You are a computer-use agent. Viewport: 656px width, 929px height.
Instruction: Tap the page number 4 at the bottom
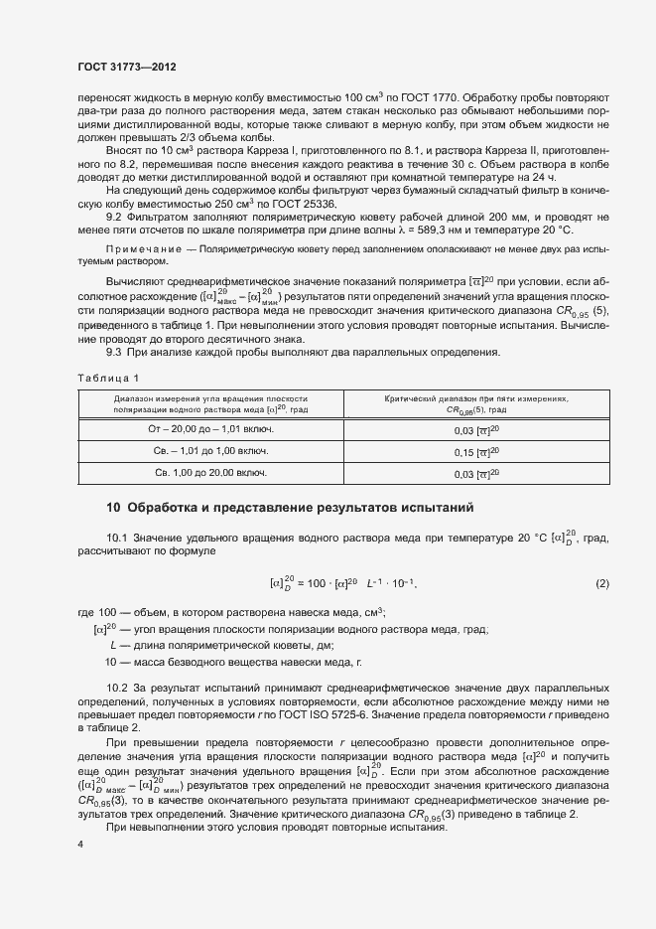(x=79, y=845)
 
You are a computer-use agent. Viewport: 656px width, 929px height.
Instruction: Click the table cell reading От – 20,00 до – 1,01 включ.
(x=209, y=428)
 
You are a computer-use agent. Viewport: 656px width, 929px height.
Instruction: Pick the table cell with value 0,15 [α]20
(x=476, y=451)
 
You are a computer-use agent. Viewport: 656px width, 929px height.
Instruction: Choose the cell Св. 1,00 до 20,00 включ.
(x=209, y=474)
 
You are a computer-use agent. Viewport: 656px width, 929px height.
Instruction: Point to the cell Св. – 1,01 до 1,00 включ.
(x=209, y=451)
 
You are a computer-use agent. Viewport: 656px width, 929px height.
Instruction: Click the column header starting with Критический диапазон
(x=476, y=403)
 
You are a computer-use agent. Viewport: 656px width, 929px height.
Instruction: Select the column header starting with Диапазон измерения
(x=209, y=403)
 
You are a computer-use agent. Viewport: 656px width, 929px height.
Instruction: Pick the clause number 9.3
(x=114, y=353)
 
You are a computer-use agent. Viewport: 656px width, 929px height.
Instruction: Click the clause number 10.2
(x=117, y=688)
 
